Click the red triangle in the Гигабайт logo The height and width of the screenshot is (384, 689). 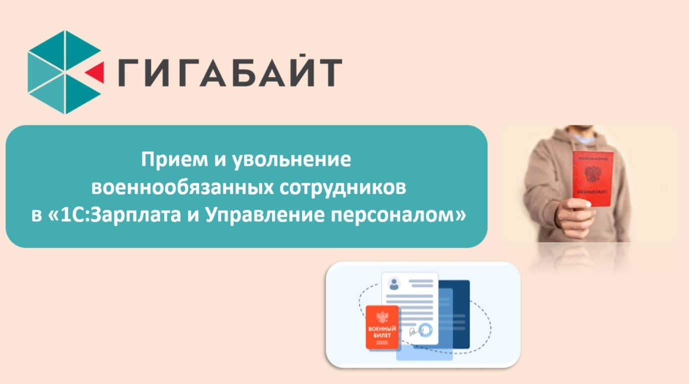[x=96, y=72]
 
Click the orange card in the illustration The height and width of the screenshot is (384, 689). [x=383, y=328]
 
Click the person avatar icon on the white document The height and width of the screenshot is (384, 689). [x=394, y=284]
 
